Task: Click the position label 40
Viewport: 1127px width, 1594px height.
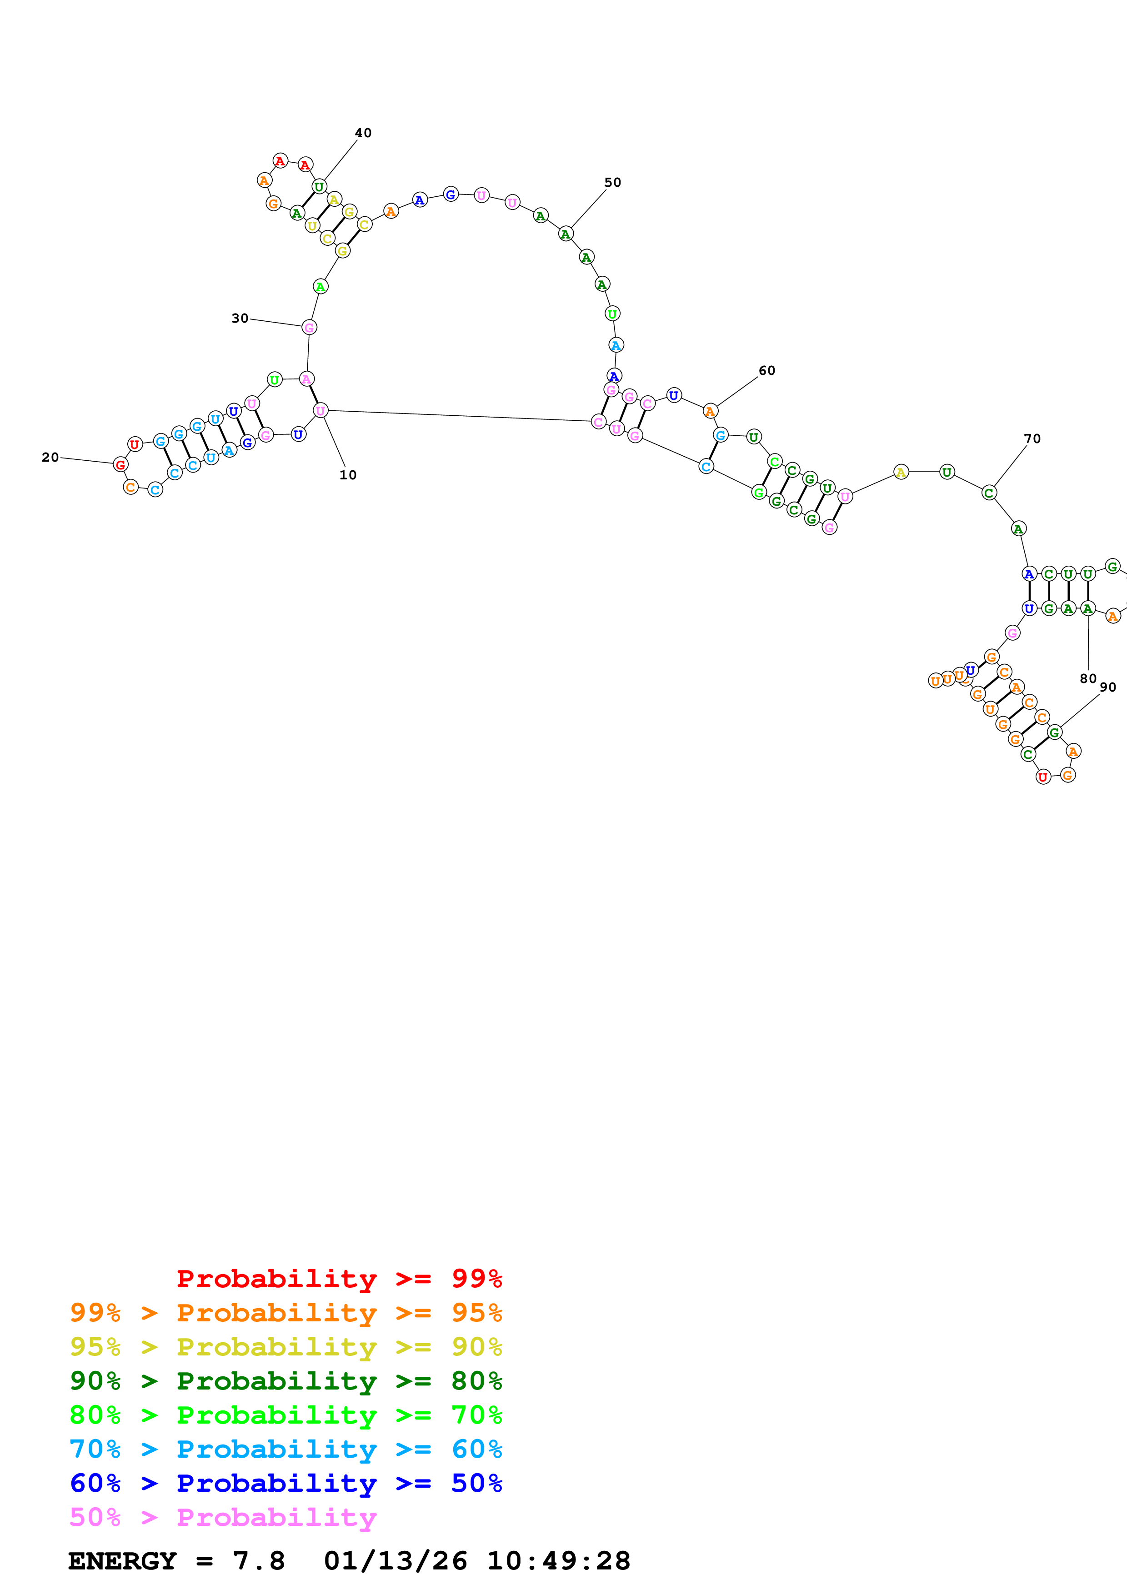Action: [363, 133]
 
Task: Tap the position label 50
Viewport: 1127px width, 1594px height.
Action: [612, 182]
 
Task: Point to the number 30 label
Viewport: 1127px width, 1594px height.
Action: [240, 318]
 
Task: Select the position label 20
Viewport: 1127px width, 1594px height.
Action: [50, 457]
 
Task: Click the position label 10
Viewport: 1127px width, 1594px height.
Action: [348, 475]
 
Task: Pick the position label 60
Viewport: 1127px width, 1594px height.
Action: [766, 370]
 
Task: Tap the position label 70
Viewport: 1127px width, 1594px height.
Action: [1032, 438]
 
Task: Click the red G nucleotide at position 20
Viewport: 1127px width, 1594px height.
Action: [120, 464]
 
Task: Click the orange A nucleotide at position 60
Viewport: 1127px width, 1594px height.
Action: [710, 411]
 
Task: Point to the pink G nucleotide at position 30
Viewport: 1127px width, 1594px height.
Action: [309, 327]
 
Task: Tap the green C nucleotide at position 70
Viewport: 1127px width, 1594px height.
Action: [989, 493]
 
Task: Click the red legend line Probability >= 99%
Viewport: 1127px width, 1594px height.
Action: [339, 1278]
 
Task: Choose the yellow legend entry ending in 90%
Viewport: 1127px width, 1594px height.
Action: [286, 1347]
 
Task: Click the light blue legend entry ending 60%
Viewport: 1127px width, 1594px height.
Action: [286, 1449]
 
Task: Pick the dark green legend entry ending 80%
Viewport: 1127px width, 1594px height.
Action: [286, 1381]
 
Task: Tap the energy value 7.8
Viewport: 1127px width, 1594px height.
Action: [258, 1561]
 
